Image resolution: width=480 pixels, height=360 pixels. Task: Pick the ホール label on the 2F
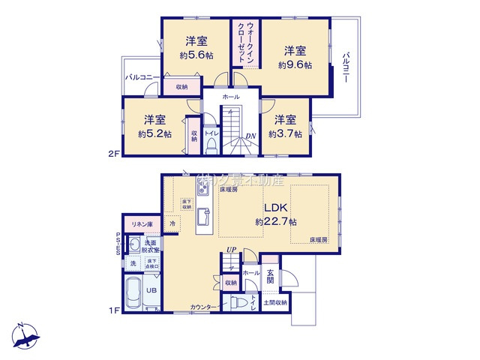(231, 97)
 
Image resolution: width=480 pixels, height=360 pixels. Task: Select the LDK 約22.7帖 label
(275, 214)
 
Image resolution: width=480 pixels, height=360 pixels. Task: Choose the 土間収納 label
(276, 302)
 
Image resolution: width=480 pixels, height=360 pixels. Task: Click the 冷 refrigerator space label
(172, 223)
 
